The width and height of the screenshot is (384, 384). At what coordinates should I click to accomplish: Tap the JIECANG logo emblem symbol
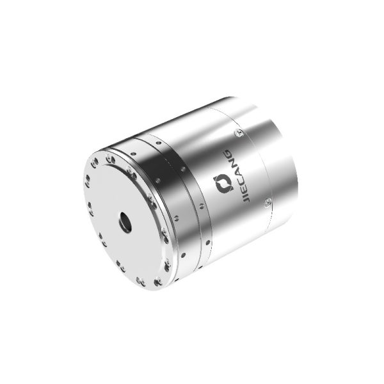click(224, 184)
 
